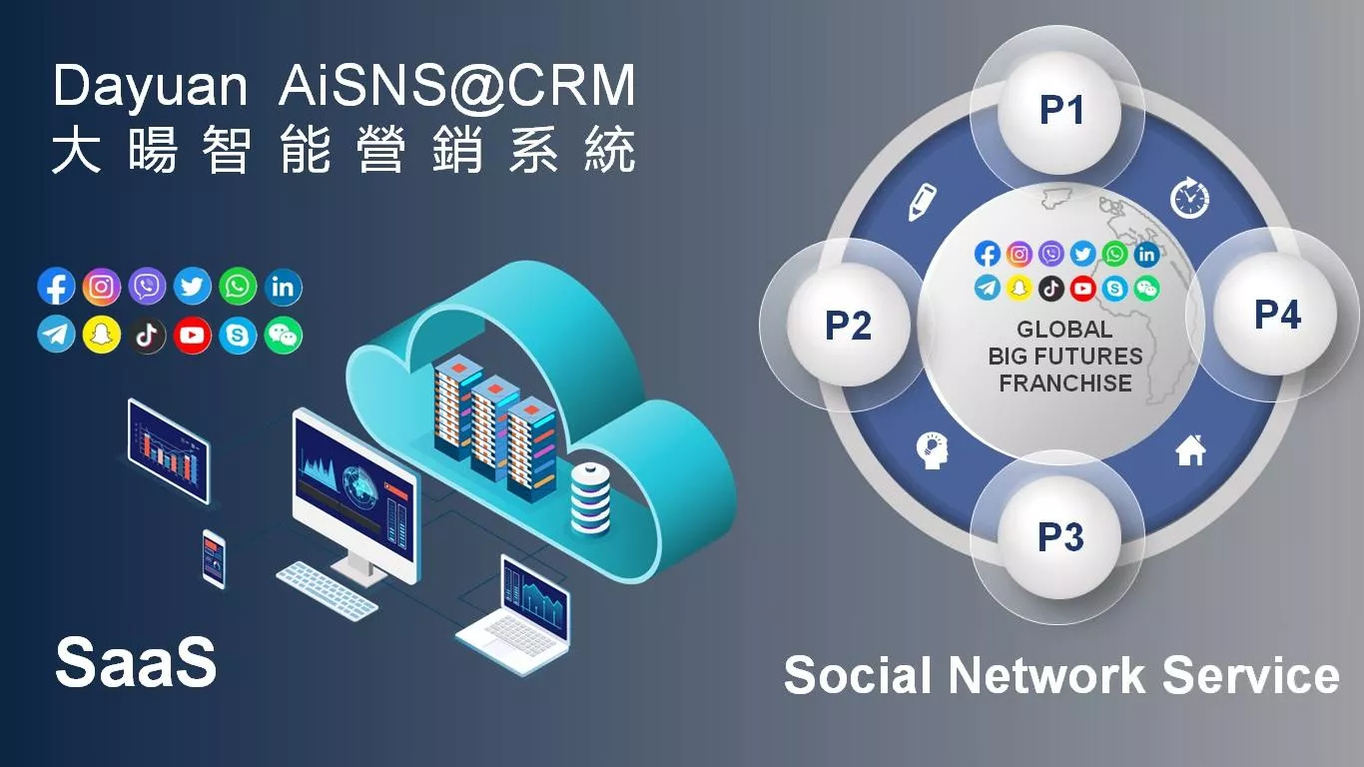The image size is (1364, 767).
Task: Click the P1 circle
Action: coord(1060,110)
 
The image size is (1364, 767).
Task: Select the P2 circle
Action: coord(848,325)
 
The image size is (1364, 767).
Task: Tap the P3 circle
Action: coord(1060,537)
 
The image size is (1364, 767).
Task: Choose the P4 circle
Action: coord(1277,315)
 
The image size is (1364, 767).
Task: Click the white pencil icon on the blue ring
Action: coord(920,202)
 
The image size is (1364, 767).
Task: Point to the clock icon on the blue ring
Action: coord(1189,198)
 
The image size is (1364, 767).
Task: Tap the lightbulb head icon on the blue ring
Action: coord(931,450)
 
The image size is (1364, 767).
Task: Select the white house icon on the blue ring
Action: coord(1190,451)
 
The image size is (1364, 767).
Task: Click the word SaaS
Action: coord(135,662)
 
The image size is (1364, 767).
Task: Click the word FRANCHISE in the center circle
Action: coord(1065,383)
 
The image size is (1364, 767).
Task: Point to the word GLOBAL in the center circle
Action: coord(1064,329)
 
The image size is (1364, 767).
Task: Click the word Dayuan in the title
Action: coord(150,87)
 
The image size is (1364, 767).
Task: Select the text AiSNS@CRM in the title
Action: coord(456,87)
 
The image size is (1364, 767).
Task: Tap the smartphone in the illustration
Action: coord(214,558)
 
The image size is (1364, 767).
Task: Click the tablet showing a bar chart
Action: coord(168,449)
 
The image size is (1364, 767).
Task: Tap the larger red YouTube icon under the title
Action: coord(192,336)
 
